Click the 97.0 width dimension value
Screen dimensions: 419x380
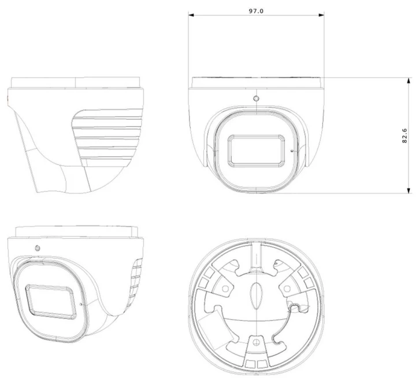[256, 11]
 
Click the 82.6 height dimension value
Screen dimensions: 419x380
[405, 136]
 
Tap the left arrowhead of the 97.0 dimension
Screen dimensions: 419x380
[191, 15]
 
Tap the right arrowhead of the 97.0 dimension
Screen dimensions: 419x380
[321, 15]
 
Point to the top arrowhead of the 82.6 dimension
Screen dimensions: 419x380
[409, 81]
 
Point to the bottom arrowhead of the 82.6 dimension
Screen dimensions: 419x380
[409, 190]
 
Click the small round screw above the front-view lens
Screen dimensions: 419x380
[256, 98]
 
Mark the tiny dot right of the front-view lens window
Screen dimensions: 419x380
[291, 151]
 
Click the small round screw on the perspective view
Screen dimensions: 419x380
[38, 249]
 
